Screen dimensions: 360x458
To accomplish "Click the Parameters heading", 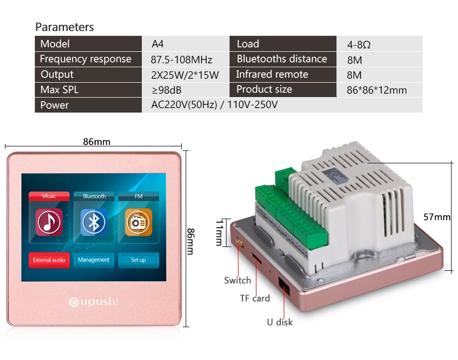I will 65,27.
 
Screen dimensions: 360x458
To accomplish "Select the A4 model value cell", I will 157,44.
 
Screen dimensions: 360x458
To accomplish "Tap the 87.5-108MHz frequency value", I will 181,60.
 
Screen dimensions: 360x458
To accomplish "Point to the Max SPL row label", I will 60,90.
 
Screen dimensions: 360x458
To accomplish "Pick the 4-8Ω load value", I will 359,45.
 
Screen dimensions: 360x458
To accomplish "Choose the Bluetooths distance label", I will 282,59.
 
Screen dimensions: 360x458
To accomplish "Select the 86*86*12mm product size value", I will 376,90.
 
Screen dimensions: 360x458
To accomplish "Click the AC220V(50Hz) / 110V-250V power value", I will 214,105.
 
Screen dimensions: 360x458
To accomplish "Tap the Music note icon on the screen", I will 49,223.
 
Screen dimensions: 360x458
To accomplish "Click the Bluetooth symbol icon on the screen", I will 94,222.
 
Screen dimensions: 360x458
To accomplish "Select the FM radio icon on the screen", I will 138,222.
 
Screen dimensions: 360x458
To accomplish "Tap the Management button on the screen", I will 94,260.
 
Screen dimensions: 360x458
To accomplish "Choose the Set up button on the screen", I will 138,260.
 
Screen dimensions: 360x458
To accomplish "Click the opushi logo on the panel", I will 94,301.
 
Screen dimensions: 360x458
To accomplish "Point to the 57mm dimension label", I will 437,217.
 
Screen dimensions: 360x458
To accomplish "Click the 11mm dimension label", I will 220,232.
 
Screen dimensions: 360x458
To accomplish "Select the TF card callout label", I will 255,298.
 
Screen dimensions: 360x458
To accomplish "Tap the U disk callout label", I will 280,322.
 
